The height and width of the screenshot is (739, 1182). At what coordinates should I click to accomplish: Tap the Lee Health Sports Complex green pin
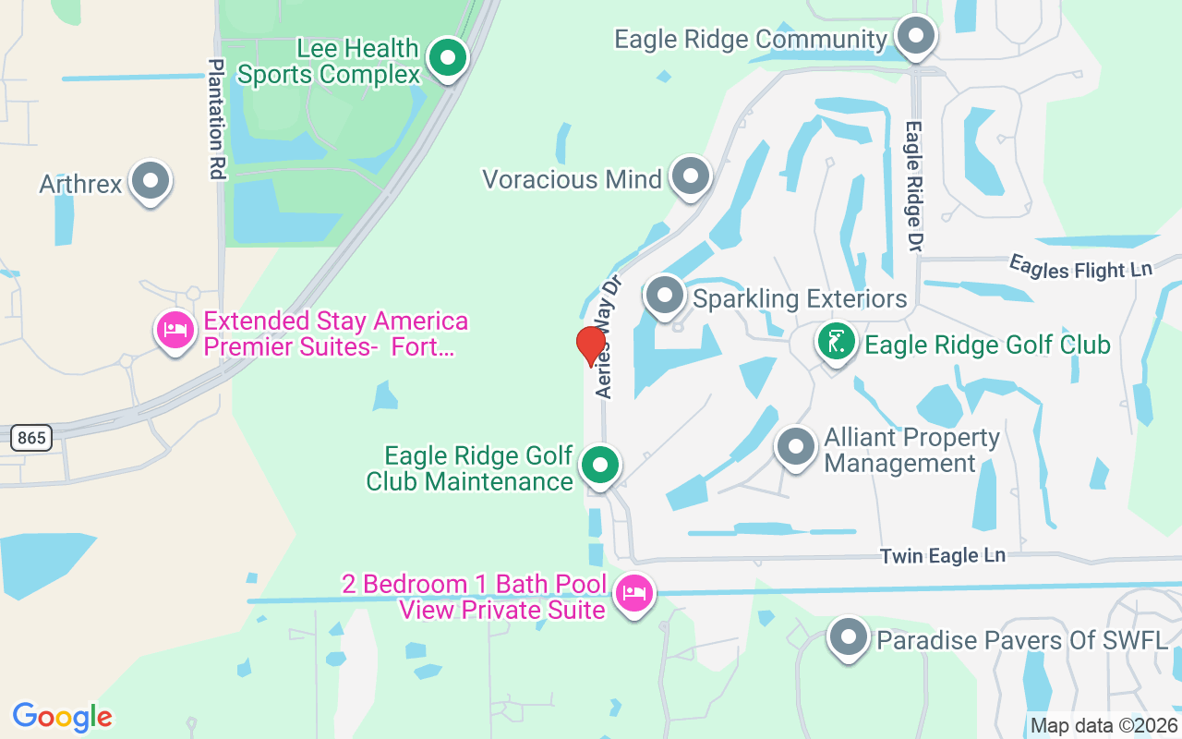[x=449, y=58]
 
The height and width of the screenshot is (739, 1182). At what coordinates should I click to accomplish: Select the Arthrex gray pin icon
[x=151, y=182]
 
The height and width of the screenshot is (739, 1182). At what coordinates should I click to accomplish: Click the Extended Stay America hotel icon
[x=175, y=330]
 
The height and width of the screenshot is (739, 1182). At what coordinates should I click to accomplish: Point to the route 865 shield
[x=31, y=438]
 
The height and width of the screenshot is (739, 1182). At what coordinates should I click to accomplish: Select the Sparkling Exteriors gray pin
[x=664, y=297]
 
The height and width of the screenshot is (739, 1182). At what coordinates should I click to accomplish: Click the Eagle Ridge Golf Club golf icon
[x=836, y=343]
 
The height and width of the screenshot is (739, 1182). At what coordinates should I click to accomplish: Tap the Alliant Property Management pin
[x=795, y=447]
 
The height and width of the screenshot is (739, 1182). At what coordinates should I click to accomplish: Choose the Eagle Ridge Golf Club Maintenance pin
[x=601, y=466]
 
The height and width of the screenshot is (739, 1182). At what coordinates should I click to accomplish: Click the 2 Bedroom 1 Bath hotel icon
[x=633, y=592]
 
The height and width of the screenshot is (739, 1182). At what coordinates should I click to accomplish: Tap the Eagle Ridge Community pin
[x=916, y=38]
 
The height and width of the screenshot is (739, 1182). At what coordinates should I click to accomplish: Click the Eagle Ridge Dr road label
[x=914, y=186]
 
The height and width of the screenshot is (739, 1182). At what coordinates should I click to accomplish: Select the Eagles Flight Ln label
[x=1080, y=267]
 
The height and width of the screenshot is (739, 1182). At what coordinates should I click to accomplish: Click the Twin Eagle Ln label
[x=942, y=556]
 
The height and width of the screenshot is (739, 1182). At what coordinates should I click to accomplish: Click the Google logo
[x=63, y=716]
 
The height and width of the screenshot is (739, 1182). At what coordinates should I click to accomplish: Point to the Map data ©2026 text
[x=1103, y=725]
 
